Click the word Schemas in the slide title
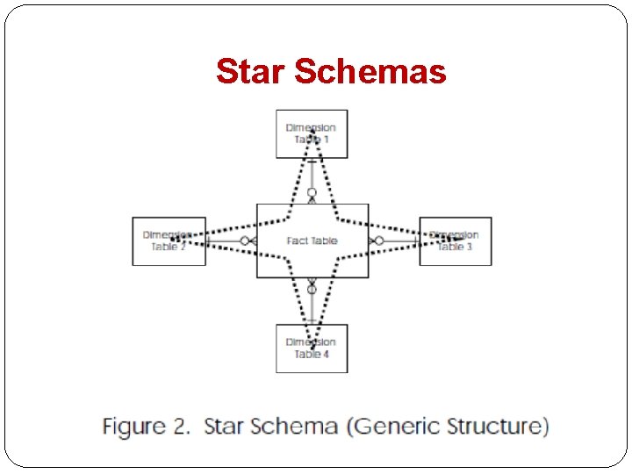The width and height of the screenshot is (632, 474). point(370,71)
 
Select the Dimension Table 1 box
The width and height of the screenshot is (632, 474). point(312,134)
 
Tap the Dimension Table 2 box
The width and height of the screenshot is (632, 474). point(169,241)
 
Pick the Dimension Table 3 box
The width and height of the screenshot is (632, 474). point(455,241)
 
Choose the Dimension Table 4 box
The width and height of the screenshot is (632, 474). point(312,348)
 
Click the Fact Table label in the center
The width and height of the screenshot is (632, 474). point(312,241)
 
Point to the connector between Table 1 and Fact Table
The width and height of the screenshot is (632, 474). point(312,180)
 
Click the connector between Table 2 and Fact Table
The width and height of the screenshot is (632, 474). point(230,241)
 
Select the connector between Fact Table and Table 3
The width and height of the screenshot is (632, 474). point(395,241)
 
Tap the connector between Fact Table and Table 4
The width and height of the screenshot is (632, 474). point(312,303)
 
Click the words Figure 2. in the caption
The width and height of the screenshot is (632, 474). point(147,427)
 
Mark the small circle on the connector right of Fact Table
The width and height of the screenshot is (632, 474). point(379,241)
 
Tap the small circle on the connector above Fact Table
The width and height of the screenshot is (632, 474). point(312,192)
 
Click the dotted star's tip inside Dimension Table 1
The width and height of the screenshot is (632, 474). point(312,131)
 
